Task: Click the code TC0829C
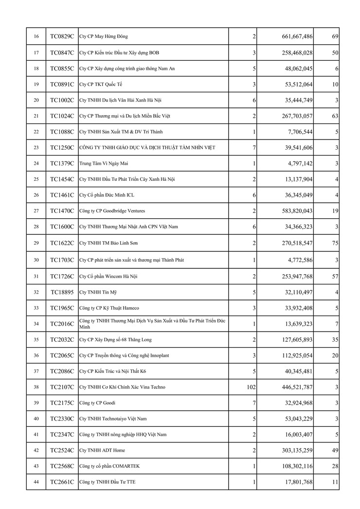click(62, 36)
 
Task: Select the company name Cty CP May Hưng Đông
click(104, 36)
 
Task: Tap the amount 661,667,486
click(297, 36)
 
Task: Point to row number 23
click(36, 147)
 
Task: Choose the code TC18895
click(62, 292)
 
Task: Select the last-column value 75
click(335, 243)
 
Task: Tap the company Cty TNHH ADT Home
click(102, 450)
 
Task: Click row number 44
click(36, 482)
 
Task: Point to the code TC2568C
click(62, 466)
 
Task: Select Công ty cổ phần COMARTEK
click(109, 466)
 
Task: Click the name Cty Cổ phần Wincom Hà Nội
click(108, 276)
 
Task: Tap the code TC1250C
click(62, 147)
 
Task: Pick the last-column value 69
click(335, 36)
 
